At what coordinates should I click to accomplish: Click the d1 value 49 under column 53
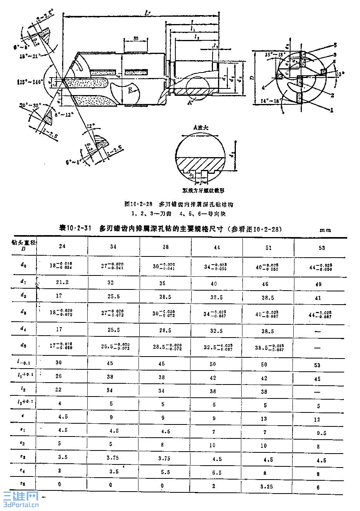click(318, 284)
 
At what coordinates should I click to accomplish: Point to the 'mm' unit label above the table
click(325, 230)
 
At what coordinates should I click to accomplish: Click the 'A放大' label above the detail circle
click(200, 127)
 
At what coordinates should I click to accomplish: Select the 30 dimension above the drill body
click(136, 38)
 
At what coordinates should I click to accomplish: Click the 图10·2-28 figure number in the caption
click(137, 204)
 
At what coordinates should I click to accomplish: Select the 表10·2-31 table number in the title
click(74, 229)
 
